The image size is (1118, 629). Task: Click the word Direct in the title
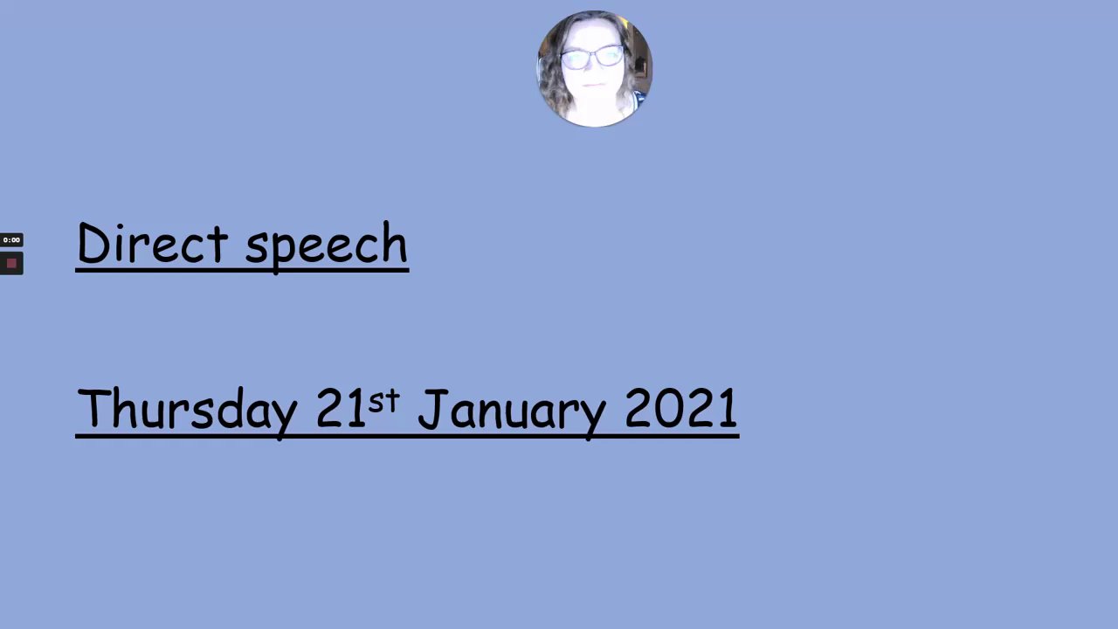(153, 243)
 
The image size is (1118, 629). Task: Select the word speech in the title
(327, 248)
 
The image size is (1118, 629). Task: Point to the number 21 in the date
(341, 407)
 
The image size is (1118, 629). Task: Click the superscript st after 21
(383, 401)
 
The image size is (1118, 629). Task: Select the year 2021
(681, 408)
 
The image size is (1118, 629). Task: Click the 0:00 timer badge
(11, 240)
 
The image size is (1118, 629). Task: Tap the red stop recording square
(11, 263)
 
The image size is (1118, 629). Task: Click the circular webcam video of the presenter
(594, 69)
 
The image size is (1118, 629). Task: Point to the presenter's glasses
(593, 58)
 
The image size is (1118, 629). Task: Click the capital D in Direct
(93, 243)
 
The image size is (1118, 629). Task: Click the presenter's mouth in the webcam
(593, 86)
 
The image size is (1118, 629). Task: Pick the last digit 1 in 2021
(729, 407)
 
